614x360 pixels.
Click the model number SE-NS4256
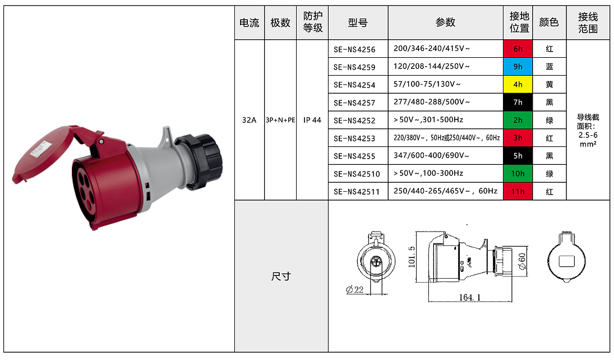pyautogui.click(x=354, y=49)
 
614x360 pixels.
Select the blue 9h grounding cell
pyautogui.click(x=518, y=67)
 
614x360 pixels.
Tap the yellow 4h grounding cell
pyautogui.click(x=518, y=84)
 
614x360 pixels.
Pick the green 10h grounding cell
pyautogui.click(x=518, y=173)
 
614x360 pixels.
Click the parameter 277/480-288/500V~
pyautogui.click(x=432, y=102)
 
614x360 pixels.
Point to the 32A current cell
pyautogui.click(x=249, y=120)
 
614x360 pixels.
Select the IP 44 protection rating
pyautogui.click(x=312, y=120)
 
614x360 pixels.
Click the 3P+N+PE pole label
pyautogui.click(x=280, y=120)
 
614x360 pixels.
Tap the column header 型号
pyautogui.click(x=358, y=23)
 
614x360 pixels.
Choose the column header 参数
pyautogui.click(x=445, y=22)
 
